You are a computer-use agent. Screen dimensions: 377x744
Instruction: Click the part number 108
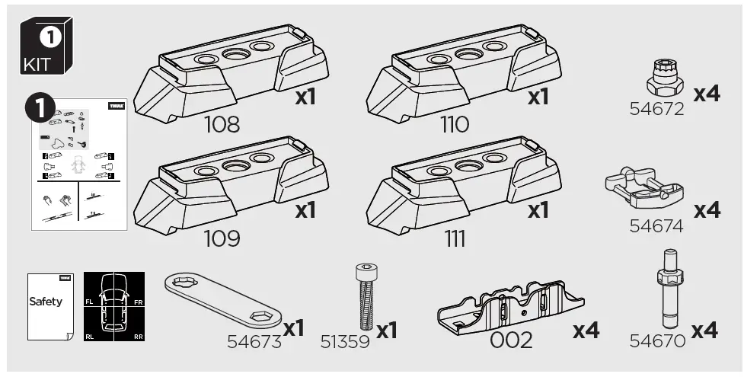pyautogui.click(x=222, y=125)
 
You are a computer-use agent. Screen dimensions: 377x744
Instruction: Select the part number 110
pyautogui.click(x=455, y=125)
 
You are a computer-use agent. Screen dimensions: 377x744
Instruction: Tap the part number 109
pyautogui.click(x=222, y=239)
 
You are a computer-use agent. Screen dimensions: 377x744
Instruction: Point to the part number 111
pyautogui.click(x=455, y=239)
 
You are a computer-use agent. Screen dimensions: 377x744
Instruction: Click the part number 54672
pyautogui.click(x=656, y=110)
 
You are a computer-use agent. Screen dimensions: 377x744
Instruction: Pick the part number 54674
pyautogui.click(x=656, y=226)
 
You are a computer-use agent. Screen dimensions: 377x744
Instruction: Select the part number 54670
pyautogui.click(x=656, y=342)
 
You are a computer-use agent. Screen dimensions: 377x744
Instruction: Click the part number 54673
pyautogui.click(x=254, y=342)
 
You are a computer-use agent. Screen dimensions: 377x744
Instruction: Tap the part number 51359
pyautogui.click(x=345, y=342)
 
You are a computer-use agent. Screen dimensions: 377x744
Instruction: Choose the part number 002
pyautogui.click(x=511, y=340)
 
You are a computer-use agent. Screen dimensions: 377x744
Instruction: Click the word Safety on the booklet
pyautogui.click(x=46, y=301)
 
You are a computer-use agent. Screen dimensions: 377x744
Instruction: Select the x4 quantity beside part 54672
pyautogui.click(x=706, y=94)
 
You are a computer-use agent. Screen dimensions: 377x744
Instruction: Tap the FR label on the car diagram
pyautogui.click(x=139, y=302)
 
